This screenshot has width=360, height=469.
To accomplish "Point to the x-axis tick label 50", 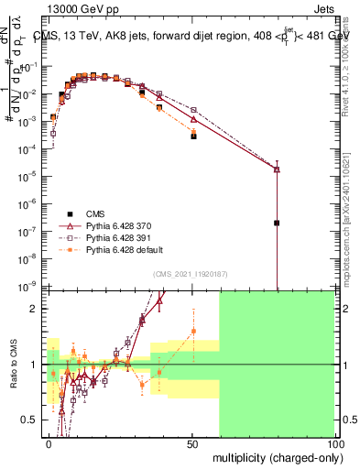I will point(192,443).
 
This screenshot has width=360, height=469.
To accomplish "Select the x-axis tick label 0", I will point(49,443).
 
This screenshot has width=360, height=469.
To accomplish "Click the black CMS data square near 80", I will point(277,223).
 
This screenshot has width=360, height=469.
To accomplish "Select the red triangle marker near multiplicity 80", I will point(277,169).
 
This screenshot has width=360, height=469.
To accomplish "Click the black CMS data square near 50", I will point(193,136).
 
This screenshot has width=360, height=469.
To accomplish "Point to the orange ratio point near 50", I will point(193,331).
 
